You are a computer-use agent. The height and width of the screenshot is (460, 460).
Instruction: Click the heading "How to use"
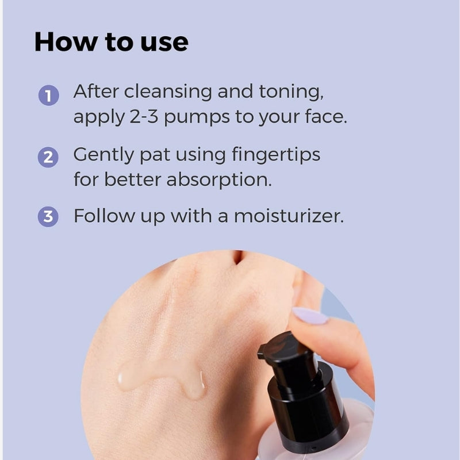(x=111, y=42)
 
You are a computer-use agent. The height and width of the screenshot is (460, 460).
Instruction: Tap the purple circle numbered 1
(x=48, y=95)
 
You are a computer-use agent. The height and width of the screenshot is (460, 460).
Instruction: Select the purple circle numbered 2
(x=48, y=158)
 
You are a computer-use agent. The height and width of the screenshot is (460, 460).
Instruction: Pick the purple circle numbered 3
(x=48, y=217)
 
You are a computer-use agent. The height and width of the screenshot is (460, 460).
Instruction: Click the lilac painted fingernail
(x=310, y=316)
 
